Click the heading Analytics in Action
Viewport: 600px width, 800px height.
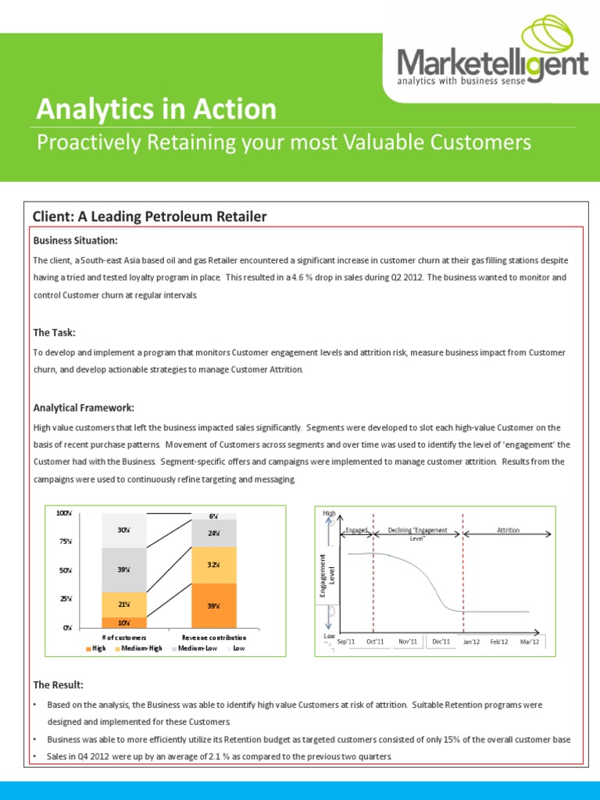pos(156,109)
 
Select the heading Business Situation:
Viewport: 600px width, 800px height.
pos(75,240)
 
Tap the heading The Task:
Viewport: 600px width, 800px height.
pos(54,333)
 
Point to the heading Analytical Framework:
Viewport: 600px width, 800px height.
pos(84,408)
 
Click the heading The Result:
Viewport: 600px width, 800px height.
pos(58,685)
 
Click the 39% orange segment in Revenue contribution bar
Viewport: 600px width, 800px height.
pos(213,605)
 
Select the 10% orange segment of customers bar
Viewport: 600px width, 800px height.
pos(123,623)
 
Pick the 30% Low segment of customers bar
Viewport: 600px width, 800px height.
pos(123,530)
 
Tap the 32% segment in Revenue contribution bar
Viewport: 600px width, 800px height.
pos(213,565)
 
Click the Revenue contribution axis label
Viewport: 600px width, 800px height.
pos(213,638)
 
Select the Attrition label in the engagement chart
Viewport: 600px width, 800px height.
pos(508,530)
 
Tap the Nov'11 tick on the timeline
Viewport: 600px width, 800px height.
pos(408,641)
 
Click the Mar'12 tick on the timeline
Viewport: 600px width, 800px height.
pos(530,641)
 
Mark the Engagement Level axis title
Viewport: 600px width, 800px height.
pos(326,577)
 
